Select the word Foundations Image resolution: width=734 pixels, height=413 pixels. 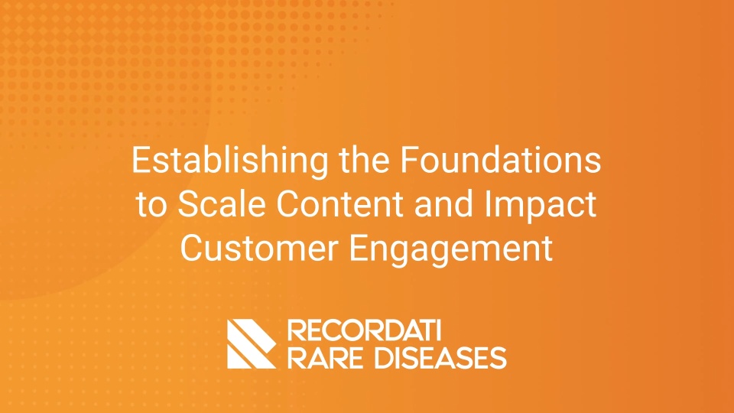click(500, 160)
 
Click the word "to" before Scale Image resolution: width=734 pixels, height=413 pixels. click(151, 205)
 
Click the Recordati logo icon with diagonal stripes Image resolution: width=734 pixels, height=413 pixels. click(252, 344)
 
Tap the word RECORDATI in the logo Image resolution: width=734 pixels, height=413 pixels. click(364, 330)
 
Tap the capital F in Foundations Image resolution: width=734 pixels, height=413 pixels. click(410, 160)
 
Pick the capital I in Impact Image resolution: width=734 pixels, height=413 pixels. click(488, 204)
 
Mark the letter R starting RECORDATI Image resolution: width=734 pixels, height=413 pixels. click(296, 330)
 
